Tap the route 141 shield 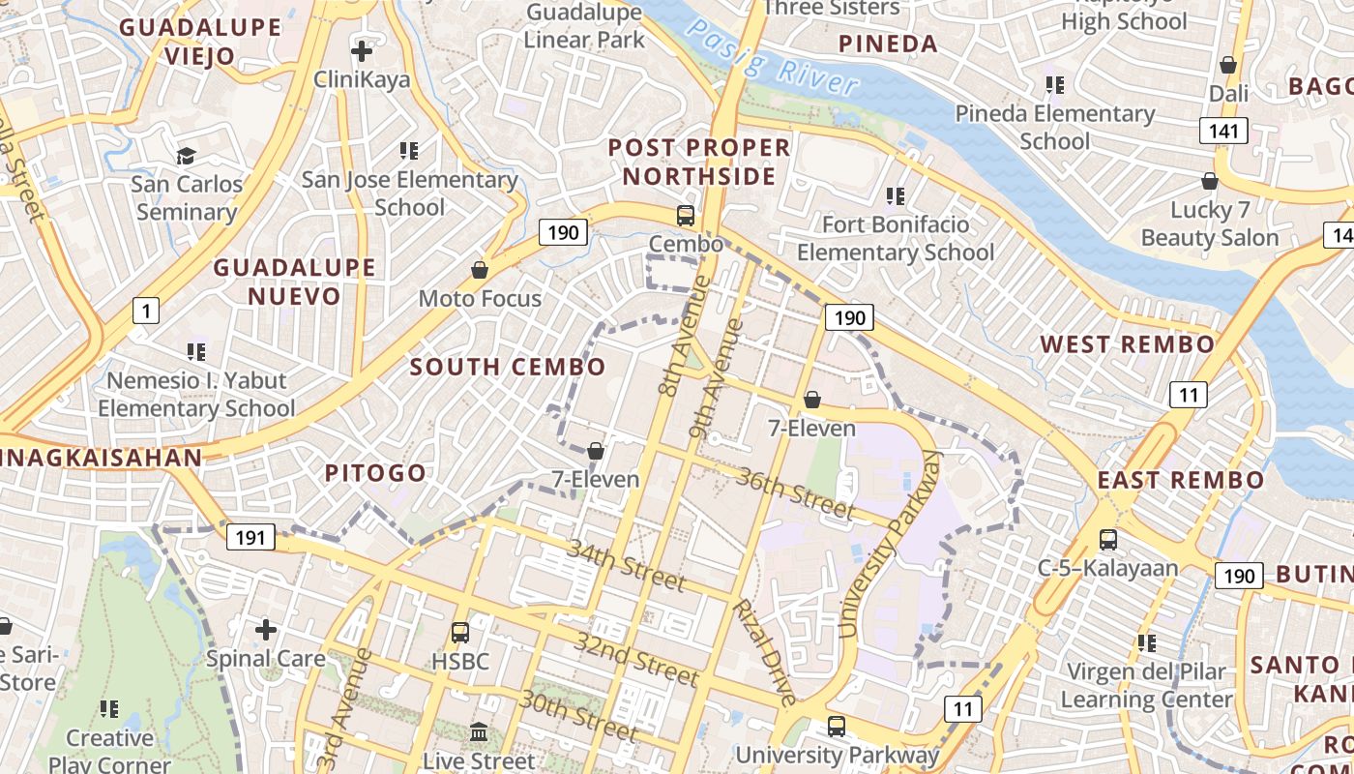coord(1223,131)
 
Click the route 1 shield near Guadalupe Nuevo coord(145,311)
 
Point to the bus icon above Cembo coord(686,216)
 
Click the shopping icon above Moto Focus coord(480,270)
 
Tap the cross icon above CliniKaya coord(362,50)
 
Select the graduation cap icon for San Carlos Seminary coord(186,156)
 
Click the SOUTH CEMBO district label coord(508,367)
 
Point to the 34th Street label coord(627,565)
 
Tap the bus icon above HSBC coord(460,633)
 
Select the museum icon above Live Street coord(479,732)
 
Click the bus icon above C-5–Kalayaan coord(1108,540)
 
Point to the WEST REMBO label coord(1127,344)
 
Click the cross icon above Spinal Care coord(266,630)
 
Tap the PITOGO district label coord(375,473)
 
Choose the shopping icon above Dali coord(1228,65)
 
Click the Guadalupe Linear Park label coord(584,26)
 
